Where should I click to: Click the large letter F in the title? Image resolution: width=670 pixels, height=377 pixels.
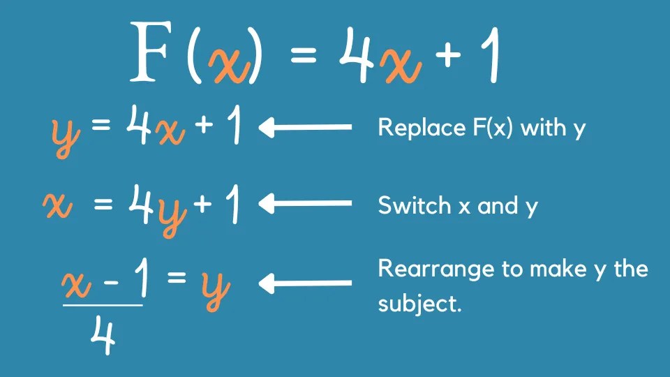coord(155,52)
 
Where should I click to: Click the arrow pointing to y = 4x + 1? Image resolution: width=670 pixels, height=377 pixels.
coord(305,128)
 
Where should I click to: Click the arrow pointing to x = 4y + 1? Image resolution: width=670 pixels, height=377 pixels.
coord(305,205)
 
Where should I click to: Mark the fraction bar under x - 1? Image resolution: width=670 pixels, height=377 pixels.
coord(103,304)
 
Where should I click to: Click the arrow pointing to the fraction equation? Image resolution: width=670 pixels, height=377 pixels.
coord(305,283)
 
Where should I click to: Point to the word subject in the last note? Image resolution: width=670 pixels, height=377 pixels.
coord(418,304)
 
